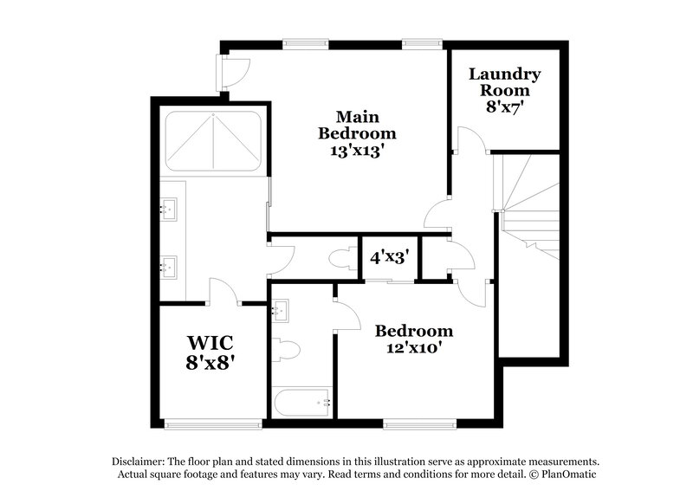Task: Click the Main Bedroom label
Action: [357, 125]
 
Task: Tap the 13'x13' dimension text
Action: [357, 151]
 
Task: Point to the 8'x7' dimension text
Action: [505, 107]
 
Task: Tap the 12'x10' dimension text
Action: [413, 349]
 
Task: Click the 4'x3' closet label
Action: [389, 257]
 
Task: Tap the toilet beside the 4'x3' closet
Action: [340, 258]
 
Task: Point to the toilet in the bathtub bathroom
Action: [285, 350]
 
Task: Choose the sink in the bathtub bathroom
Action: [281, 310]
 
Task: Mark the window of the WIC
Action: [213, 423]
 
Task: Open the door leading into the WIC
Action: [224, 292]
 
